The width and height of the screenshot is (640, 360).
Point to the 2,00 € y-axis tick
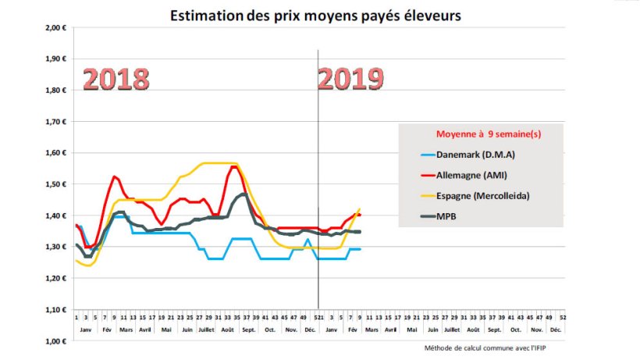(x=54, y=27)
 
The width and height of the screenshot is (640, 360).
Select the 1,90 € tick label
(x=54, y=59)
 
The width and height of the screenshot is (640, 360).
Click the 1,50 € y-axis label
(x=54, y=184)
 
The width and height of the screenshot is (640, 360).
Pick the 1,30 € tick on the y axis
(x=54, y=247)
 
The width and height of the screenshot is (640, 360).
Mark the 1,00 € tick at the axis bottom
(x=54, y=341)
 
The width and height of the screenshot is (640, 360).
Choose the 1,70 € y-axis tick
(x=54, y=121)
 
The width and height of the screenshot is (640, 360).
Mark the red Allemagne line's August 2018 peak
(x=234, y=166)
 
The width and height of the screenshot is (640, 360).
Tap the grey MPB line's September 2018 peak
(x=244, y=194)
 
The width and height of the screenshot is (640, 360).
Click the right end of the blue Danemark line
(x=360, y=249)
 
